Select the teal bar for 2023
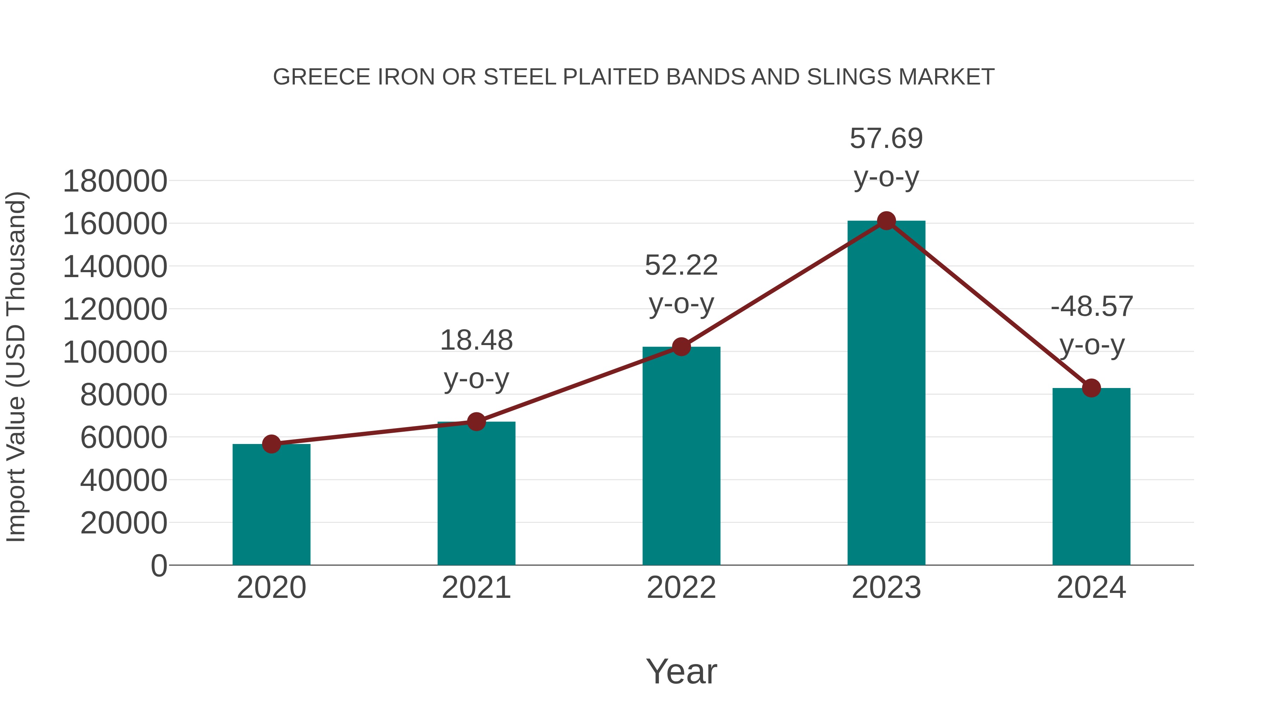[x=886, y=394]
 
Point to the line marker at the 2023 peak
[x=886, y=221]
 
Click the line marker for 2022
[x=681, y=347]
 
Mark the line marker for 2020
[x=271, y=444]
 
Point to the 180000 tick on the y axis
[x=115, y=181]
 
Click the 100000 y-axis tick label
[x=115, y=352]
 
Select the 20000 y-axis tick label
[x=124, y=523]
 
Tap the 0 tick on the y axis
[x=159, y=565]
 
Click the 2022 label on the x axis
[x=681, y=588]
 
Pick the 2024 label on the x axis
[x=1091, y=588]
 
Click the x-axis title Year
[x=681, y=671]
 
